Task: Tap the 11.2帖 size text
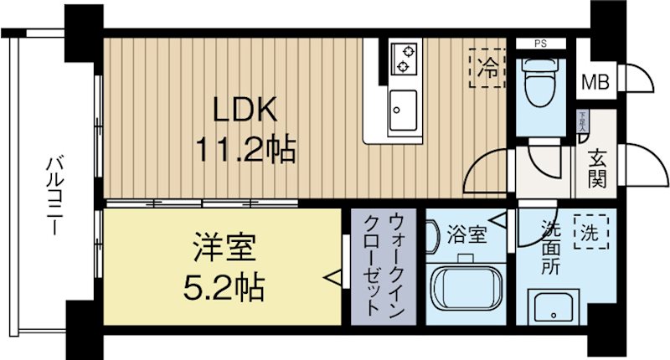(x=245, y=150)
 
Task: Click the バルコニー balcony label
(x=53, y=193)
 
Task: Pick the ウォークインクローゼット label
(x=388, y=264)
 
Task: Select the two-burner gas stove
(x=405, y=57)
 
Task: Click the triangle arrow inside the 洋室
(x=333, y=276)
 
